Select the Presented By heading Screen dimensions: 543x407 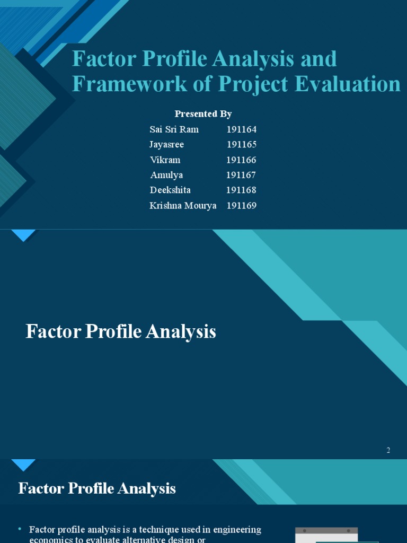[x=203, y=114]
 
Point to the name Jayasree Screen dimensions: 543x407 [x=167, y=144]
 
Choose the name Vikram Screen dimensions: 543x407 [x=165, y=160]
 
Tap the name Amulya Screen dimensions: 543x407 [x=166, y=175]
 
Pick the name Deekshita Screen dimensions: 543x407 [x=170, y=190]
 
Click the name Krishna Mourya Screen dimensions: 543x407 [x=183, y=206]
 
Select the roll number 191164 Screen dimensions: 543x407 [x=242, y=129]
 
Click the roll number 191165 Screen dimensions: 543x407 [x=242, y=144]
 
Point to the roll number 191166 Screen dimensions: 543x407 [x=242, y=160]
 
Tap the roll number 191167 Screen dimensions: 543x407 [x=241, y=175]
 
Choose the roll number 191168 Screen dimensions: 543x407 [x=242, y=190]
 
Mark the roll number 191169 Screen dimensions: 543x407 [x=242, y=206]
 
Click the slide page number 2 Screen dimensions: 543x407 [x=388, y=450]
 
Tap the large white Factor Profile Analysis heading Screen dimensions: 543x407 [x=121, y=332]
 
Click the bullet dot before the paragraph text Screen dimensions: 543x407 [x=20, y=529]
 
